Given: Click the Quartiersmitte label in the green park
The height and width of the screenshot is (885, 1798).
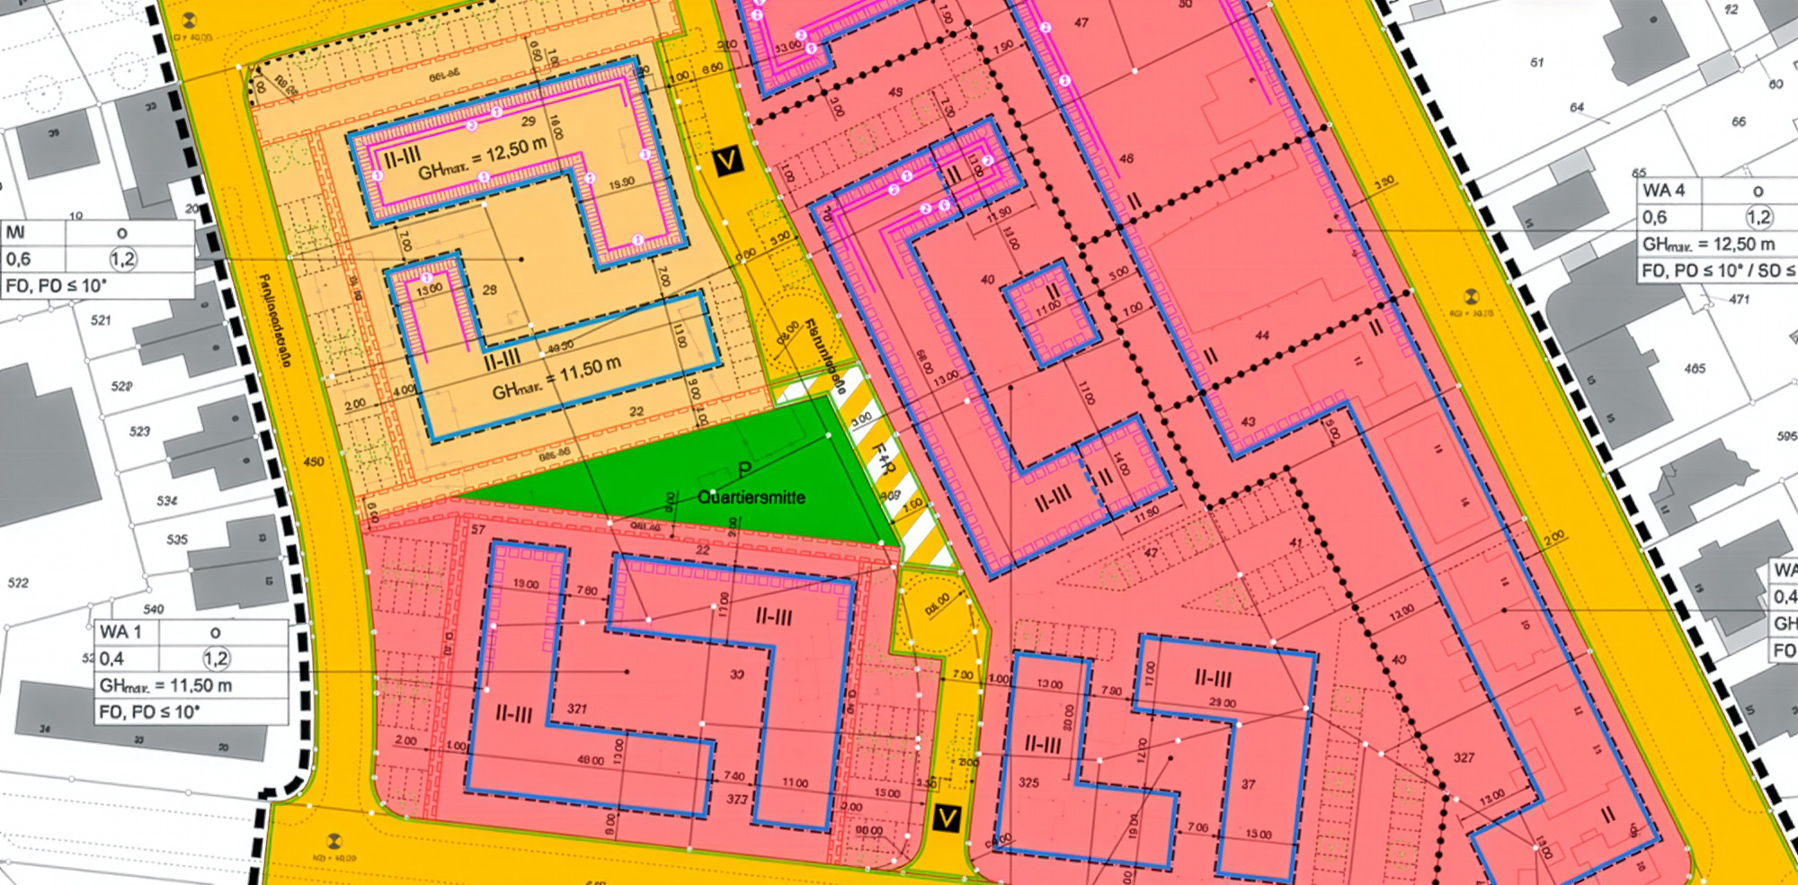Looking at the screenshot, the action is coord(752,497).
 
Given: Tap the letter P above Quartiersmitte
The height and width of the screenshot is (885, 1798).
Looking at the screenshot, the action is coord(744,469).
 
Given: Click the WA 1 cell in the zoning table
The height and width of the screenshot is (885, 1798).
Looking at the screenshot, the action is coord(121,632).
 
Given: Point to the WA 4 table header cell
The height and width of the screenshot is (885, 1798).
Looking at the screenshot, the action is coord(1664,191).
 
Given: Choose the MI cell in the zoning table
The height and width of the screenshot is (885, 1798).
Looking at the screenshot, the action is coord(16,233).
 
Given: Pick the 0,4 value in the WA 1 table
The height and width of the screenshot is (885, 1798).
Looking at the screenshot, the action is coord(112,658).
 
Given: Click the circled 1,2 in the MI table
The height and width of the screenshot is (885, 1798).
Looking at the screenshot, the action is coord(123,259).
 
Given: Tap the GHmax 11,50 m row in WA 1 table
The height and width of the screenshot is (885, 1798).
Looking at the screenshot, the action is coord(166,685).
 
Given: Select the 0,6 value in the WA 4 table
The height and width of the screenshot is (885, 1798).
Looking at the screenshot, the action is coord(1655,217).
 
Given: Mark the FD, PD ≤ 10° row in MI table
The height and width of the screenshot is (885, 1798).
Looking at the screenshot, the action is coord(56,286).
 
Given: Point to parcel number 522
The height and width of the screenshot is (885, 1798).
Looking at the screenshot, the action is coord(18,583).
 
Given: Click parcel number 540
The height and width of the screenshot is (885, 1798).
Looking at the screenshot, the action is coord(154,609).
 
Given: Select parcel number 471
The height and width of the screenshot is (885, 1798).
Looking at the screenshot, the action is coord(1740,299).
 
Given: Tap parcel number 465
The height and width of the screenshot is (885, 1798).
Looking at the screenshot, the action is coord(1695,368).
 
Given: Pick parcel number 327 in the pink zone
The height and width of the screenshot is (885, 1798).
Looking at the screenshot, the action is coord(1464,757).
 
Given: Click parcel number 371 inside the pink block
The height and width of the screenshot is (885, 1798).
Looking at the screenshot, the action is coord(577,709).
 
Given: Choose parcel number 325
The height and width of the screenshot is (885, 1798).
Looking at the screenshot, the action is coord(1028,782).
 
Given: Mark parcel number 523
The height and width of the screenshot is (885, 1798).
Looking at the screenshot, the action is coord(139,432).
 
